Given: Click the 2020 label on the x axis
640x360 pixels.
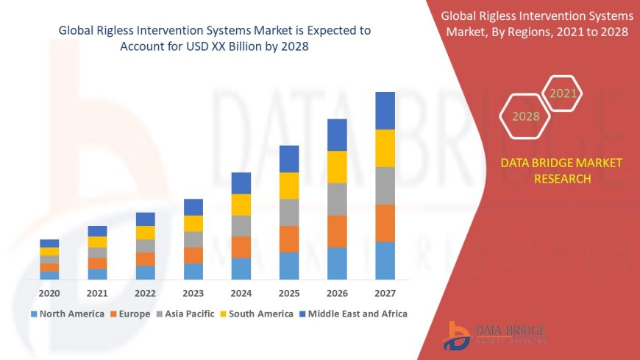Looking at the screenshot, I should pos(49,293).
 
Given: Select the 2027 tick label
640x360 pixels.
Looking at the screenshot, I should pos(385,293).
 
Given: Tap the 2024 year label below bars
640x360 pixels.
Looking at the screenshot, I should pos(241,293).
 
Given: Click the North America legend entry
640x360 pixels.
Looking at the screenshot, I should pos(67,314).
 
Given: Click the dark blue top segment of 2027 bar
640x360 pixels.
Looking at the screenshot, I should pos(385,110).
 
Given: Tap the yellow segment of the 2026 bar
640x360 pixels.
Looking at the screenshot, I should pos(337,166).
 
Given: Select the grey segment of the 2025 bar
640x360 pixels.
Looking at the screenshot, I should pos(289,212).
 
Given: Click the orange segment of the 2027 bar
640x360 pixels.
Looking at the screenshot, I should pos(385,223).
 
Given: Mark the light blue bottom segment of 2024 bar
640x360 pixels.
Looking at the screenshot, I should pos(241,268).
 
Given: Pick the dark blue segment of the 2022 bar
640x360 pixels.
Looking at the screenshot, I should pos(146,219).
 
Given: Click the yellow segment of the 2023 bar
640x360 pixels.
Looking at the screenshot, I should pos(193,223).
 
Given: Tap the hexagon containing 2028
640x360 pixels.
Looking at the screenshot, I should pos(525,116).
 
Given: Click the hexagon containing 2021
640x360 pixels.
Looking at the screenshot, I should pos(563,93).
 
